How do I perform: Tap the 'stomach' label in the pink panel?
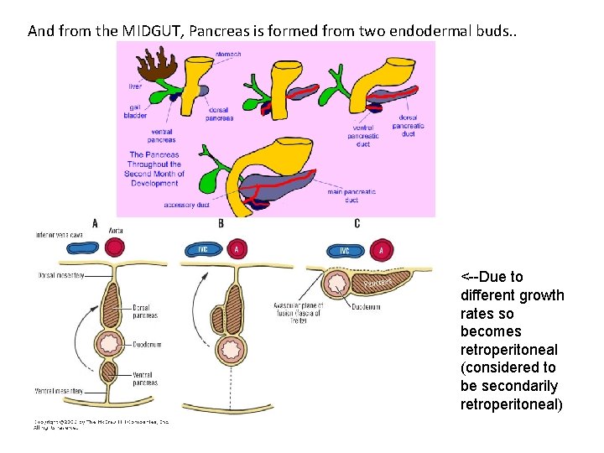[228, 54]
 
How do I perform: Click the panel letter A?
[95, 224]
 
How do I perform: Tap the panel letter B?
[221, 224]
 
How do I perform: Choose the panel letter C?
[357, 224]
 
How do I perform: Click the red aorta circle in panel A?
[113, 247]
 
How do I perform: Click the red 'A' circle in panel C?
[382, 250]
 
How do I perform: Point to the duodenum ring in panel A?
[113, 341]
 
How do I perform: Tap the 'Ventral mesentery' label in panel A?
[59, 391]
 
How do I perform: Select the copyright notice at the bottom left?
[101, 424]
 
